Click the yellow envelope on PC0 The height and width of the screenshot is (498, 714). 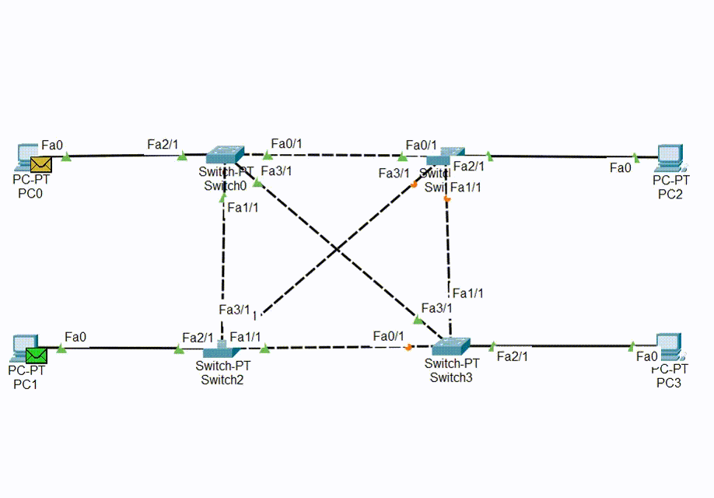40,164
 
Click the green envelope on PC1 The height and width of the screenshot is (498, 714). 36,356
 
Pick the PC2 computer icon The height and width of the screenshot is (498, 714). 670,158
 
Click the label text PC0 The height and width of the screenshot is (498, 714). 30,193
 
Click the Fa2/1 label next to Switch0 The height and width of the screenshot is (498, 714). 163,144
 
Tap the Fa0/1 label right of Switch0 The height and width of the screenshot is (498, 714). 286,143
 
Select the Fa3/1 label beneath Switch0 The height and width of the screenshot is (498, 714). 276,170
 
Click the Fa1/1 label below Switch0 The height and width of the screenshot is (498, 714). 243,208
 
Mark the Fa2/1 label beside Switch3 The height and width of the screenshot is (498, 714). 512,356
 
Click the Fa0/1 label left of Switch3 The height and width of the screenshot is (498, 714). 389,335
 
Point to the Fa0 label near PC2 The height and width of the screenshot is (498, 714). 621,167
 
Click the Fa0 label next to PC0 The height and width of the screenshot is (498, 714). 52,145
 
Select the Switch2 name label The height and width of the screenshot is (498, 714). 222,380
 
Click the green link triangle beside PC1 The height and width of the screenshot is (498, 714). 61,348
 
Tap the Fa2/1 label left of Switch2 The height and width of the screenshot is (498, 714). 198,337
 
